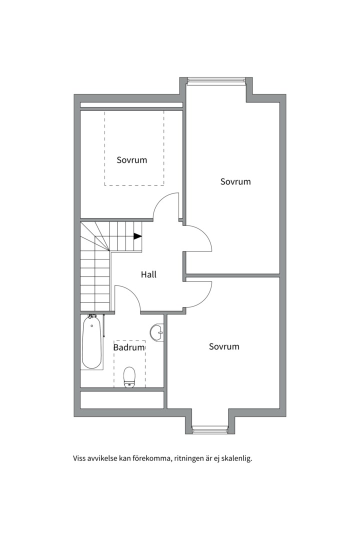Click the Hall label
tap(148, 274)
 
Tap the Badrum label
tap(129, 347)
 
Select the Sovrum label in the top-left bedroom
tap(132, 160)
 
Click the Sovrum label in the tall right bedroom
tap(235, 181)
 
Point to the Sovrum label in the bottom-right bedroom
tap(224, 346)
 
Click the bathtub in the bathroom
tap(92, 343)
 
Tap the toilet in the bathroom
tap(129, 376)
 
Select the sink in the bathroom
tap(157, 332)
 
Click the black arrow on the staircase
tap(137, 236)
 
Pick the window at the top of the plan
tap(216, 80)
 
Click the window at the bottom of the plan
tap(210, 429)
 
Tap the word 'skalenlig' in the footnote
tap(237, 457)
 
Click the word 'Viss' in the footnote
tap(80, 457)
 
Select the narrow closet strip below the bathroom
tap(122, 399)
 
